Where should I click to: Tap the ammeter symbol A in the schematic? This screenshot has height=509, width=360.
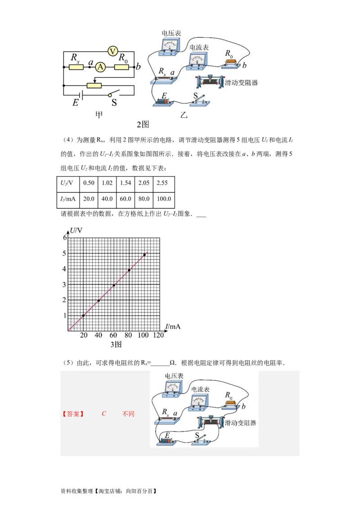(x=101, y=67)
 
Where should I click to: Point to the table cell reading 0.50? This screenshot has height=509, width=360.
(x=89, y=183)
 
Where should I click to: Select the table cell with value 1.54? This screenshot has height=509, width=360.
(x=125, y=183)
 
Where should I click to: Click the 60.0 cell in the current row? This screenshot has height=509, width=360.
(x=125, y=199)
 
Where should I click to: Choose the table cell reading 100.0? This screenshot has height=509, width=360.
(x=163, y=199)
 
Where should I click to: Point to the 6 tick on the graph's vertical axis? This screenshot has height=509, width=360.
(x=65, y=237)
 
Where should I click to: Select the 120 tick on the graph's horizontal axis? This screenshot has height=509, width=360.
(x=158, y=335)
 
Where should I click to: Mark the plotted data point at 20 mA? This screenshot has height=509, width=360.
(x=83, y=316)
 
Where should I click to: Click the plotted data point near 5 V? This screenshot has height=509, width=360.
(x=144, y=255)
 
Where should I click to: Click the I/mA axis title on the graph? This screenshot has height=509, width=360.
(x=173, y=326)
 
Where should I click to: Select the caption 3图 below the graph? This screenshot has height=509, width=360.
(x=116, y=345)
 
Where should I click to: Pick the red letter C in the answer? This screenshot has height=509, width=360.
(x=104, y=414)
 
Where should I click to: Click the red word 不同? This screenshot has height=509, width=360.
(x=128, y=414)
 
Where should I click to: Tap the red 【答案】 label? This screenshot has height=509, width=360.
(x=73, y=414)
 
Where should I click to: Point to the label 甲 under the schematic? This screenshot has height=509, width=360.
(x=99, y=115)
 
